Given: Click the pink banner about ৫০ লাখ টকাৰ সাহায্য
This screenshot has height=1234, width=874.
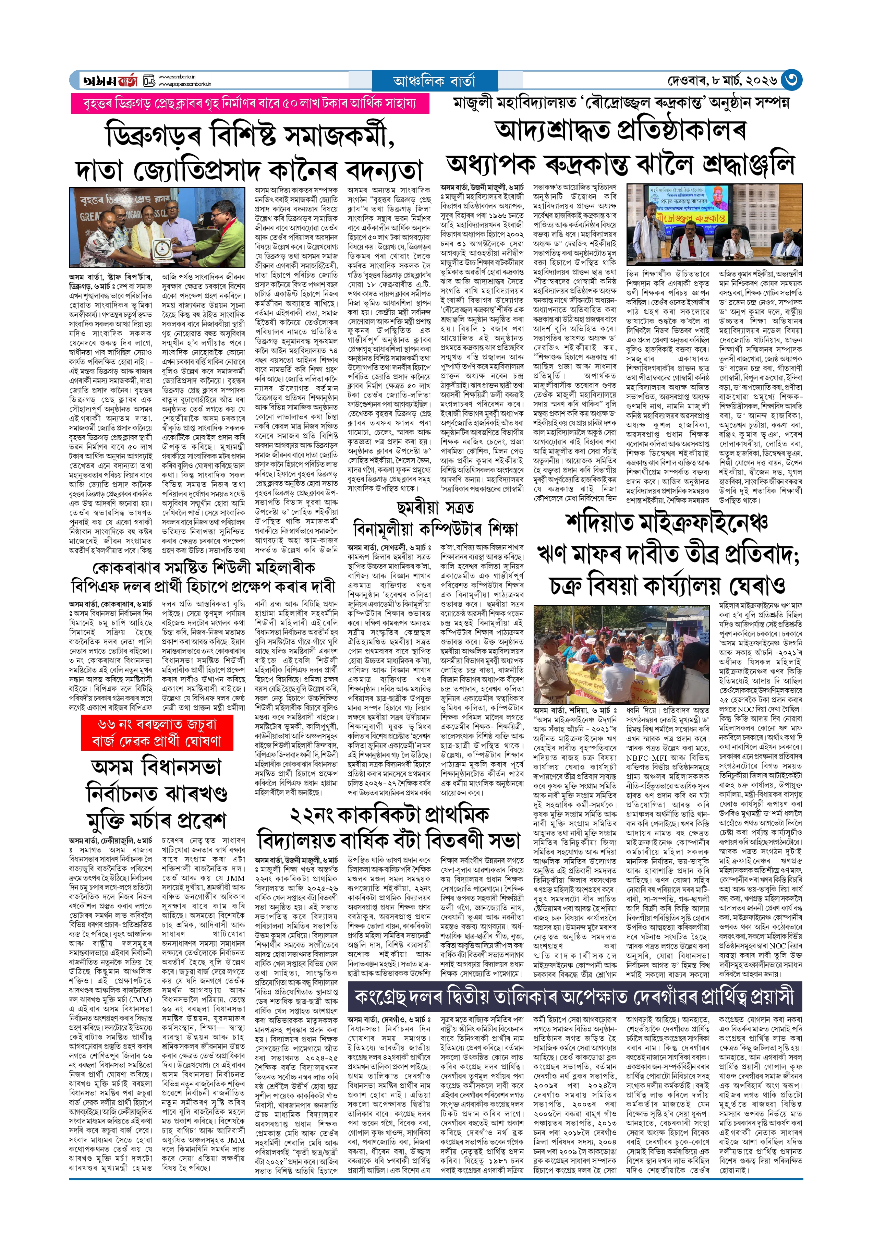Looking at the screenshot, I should (250, 103).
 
